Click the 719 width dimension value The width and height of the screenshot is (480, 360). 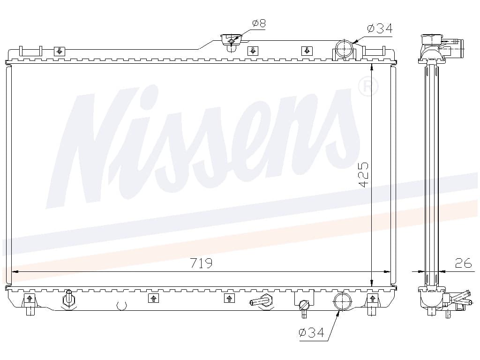tap(201, 263)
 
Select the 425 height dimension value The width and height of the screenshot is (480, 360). tap(364, 175)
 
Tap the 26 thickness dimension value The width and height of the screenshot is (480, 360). tap(464, 263)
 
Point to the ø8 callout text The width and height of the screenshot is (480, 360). tap(259, 23)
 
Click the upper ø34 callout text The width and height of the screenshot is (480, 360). tap(380, 29)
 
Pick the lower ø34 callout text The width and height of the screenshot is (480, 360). tap(311, 332)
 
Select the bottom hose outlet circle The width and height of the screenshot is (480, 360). tap(342, 301)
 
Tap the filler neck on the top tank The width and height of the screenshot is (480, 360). tap(232, 42)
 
